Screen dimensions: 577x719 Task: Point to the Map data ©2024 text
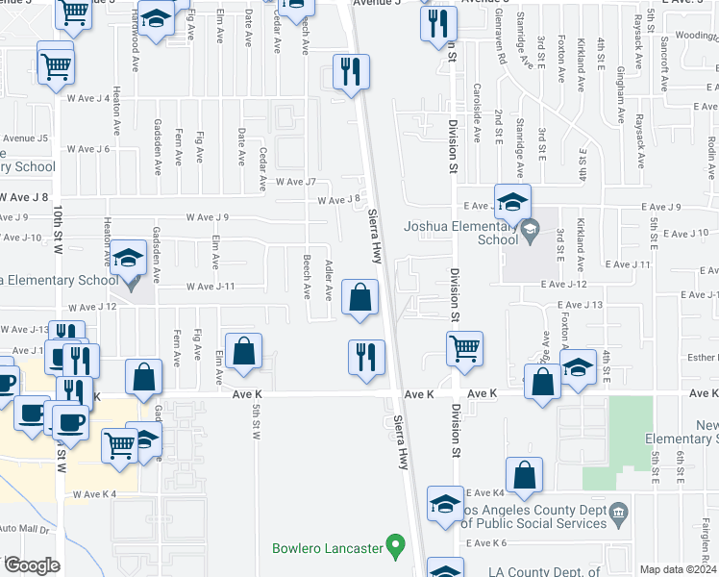coord(678,569)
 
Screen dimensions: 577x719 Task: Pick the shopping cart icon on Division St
coord(464,349)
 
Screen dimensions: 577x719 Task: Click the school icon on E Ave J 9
coord(513,203)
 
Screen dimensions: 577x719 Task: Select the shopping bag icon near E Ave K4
coord(524,475)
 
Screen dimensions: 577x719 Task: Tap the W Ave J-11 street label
coord(211,287)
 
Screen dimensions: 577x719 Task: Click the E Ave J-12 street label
coord(563,285)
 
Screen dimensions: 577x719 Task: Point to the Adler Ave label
coord(328,280)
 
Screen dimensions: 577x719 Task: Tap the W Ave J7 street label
coord(295,181)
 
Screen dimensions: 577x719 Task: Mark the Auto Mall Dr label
coord(23,528)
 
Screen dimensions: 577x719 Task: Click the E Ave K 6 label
coord(485,543)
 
